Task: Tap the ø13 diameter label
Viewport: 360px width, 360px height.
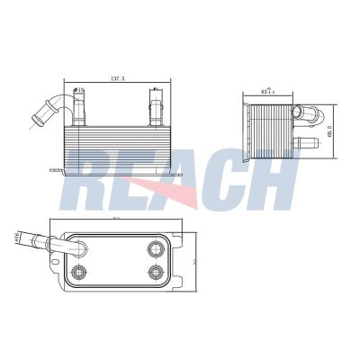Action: (x=81, y=90)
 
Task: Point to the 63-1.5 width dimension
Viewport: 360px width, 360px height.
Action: (x=266, y=91)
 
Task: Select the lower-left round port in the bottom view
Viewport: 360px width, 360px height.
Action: (x=78, y=273)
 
